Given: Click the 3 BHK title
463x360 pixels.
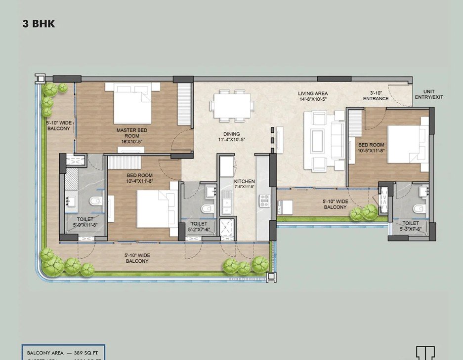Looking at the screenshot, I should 39,23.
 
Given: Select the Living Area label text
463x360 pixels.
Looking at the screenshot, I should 313,96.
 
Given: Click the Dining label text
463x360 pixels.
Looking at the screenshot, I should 231,137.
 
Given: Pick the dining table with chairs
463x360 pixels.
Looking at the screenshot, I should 232,105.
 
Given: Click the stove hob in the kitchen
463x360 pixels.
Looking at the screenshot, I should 264,200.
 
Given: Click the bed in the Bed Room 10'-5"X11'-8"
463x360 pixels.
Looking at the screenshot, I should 408,144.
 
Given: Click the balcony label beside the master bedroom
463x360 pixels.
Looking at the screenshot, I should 59,125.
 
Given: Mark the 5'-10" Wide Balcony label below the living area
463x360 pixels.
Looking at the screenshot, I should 335,204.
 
